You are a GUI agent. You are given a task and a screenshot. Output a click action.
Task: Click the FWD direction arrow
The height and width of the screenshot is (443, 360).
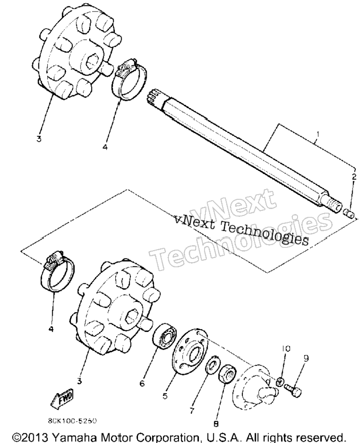[x=62, y=400]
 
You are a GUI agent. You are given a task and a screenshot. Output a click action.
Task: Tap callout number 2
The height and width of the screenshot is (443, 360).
[x=354, y=177]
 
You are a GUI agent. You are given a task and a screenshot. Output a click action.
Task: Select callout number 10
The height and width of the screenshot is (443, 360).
[x=286, y=349]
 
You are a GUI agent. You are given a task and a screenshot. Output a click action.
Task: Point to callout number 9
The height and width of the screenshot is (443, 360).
[x=306, y=358]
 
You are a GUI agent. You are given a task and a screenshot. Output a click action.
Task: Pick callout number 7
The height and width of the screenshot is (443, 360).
[x=192, y=411]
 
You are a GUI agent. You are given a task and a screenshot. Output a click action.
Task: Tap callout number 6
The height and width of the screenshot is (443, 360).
[x=142, y=383]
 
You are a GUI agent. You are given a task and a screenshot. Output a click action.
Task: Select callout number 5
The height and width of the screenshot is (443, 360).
[x=165, y=396]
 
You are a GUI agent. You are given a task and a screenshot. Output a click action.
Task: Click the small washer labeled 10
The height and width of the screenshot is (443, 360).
[x=280, y=381]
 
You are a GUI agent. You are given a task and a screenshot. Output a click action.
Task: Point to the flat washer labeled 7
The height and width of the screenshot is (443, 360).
[x=212, y=364]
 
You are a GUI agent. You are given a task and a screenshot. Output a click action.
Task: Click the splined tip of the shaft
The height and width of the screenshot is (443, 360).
[x=155, y=99]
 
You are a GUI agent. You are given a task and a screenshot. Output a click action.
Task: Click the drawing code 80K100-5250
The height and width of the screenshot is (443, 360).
[x=73, y=421]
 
